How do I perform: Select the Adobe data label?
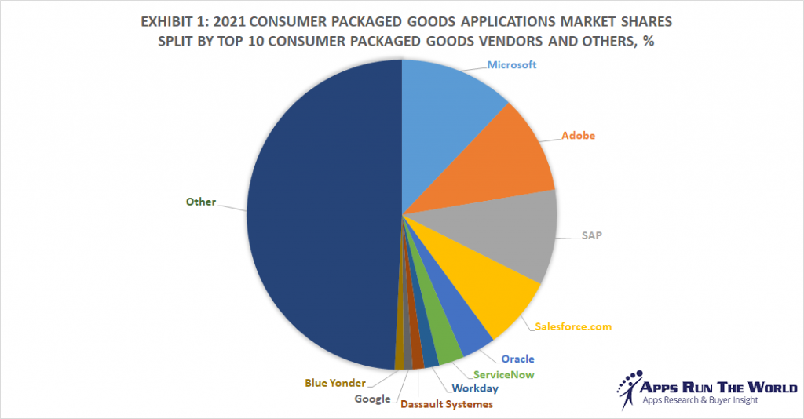(x=578, y=135)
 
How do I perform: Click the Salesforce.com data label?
(x=572, y=326)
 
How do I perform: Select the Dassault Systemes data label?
(x=447, y=404)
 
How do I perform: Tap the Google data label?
(x=372, y=399)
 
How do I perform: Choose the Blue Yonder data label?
(x=336, y=384)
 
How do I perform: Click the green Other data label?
(x=200, y=202)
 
